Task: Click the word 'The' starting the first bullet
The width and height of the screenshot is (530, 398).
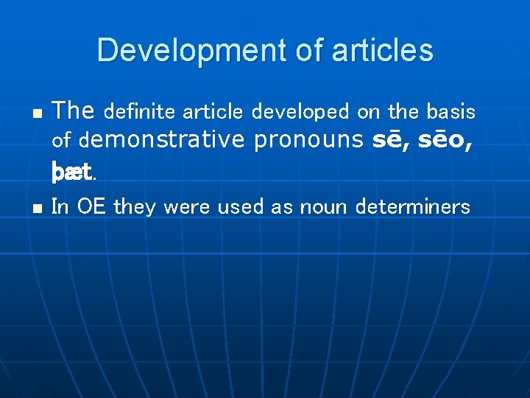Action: (x=74, y=111)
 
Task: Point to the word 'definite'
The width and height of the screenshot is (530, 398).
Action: (x=140, y=112)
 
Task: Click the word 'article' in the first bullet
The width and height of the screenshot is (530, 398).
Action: (x=213, y=112)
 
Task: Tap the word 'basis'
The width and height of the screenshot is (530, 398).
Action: (x=451, y=112)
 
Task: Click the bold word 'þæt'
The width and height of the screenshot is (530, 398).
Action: (x=71, y=172)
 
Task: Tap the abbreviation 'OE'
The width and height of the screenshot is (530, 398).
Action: (x=91, y=207)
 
